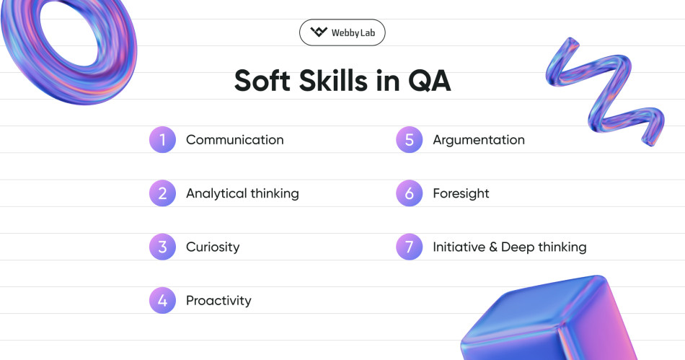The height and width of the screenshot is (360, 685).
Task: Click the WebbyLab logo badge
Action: pyautogui.click(x=342, y=32)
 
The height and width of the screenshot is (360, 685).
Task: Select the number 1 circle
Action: pyautogui.click(x=163, y=140)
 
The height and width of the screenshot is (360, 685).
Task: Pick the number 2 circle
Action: pyautogui.click(x=163, y=193)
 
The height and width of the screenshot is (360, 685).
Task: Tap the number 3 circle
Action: pyautogui.click(x=163, y=247)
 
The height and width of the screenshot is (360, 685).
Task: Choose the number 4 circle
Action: pyautogui.click(x=163, y=300)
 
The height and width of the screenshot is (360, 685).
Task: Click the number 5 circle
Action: pyautogui.click(x=410, y=140)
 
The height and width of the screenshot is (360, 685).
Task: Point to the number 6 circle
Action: pyautogui.click(x=410, y=193)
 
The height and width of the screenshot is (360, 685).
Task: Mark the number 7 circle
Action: pyautogui.click(x=410, y=247)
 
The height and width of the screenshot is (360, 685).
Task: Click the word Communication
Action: pyautogui.click(x=234, y=140)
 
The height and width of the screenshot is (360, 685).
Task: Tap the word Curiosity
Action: pyautogui.click(x=213, y=247)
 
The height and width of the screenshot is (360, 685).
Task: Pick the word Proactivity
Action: pyautogui.click(x=218, y=300)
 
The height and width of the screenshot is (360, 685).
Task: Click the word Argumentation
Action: pyautogui.click(x=479, y=140)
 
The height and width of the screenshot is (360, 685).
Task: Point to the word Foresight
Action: pyautogui.click(x=461, y=193)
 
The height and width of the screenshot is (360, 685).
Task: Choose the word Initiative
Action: pyautogui.click(x=457, y=247)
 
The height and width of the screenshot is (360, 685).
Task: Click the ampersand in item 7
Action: pyautogui.click(x=493, y=247)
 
